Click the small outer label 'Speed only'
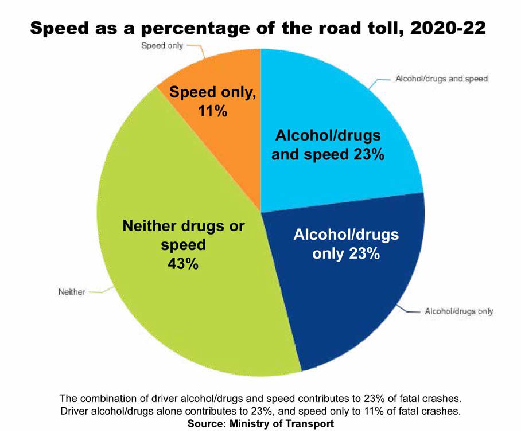[162, 45]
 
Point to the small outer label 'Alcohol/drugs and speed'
[441, 79]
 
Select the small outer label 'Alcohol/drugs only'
[458, 311]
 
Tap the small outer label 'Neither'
[72, 292]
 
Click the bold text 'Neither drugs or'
[184, 226]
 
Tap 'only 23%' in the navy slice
[346, 253]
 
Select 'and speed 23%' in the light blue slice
[328, 154]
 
